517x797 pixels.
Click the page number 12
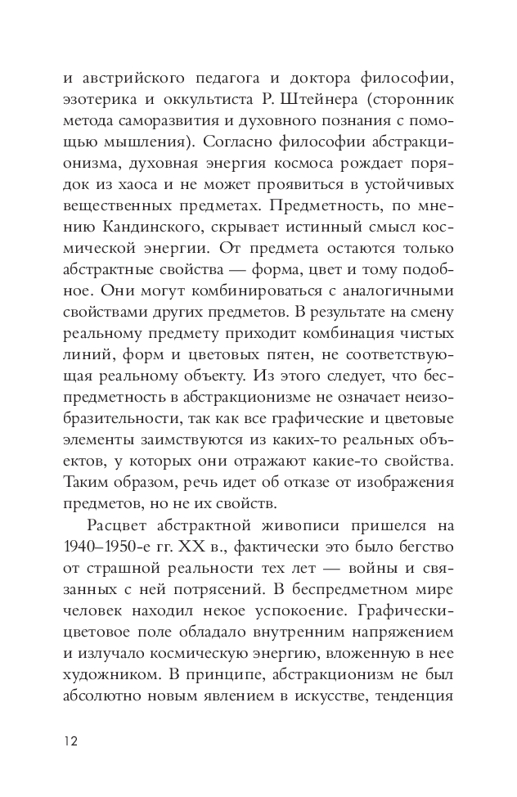[x=70, y=741]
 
